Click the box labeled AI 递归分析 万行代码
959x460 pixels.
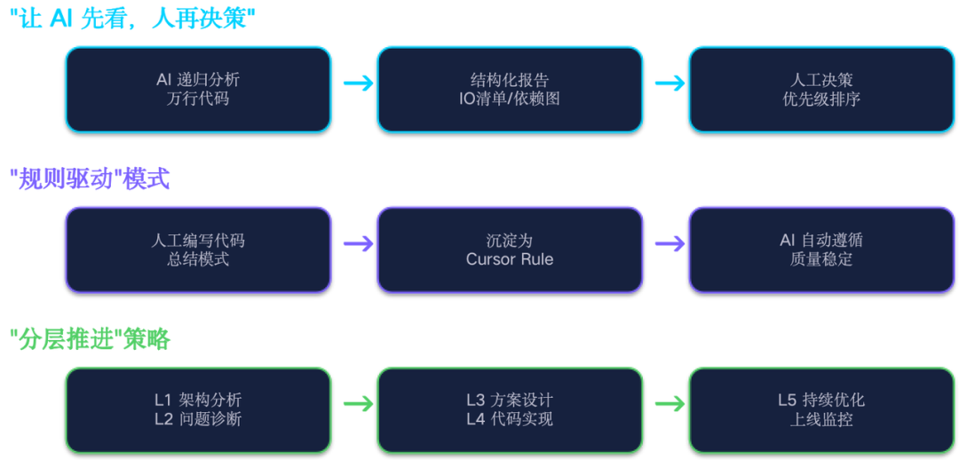(x=198, y=90)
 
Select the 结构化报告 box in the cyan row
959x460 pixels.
(x=510, y=90)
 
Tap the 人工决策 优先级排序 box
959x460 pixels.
(x=821, y=90)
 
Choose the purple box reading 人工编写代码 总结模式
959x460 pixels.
(x=198, y=250)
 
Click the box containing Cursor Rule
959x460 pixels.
(x=510, y=250)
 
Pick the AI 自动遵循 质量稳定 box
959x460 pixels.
(x=821, y=250)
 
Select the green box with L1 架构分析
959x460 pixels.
(x=198, y=409)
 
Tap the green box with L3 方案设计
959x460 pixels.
(x=510, y=409)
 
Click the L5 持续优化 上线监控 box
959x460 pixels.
(x=821, y=409)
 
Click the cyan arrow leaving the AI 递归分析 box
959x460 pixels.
(x=357, y=83)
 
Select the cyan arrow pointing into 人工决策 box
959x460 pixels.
(x=669, y=83)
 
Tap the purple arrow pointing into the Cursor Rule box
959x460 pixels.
(x=357, y=243)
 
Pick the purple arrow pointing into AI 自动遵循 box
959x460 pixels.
(x=669, y=243)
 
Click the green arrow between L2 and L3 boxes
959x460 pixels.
(x=357, y=403)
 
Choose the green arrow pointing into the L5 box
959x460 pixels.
(x=669, y=403)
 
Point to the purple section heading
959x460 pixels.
(x=90, y=179)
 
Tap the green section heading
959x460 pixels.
(x=90, y=339)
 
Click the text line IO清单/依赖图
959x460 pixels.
(x=510, y=99)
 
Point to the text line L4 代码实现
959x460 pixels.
(x=510, y=419)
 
